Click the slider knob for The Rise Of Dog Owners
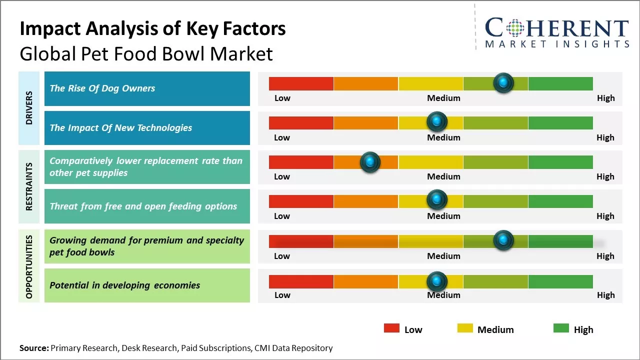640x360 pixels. (503, 82)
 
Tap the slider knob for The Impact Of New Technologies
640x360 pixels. (437, 121)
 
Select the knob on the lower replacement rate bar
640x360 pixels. (370, 161)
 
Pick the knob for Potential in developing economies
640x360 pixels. (437, 281)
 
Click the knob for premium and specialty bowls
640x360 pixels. (503, 240)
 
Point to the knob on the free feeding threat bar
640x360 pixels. (437, 200)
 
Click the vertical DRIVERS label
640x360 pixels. (28, 108)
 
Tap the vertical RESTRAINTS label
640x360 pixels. (28, 186)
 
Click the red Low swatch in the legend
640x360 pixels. (391, 328)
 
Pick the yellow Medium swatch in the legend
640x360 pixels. (465, 328)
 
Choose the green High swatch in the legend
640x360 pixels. (561, 328)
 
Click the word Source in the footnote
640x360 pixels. (33, 348)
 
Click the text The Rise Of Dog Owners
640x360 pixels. (102, 88)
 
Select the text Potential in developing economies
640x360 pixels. (124, 285)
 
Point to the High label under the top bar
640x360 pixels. (605, 98)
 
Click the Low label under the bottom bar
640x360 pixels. (282, 295)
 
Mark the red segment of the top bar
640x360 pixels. (301, 83)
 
